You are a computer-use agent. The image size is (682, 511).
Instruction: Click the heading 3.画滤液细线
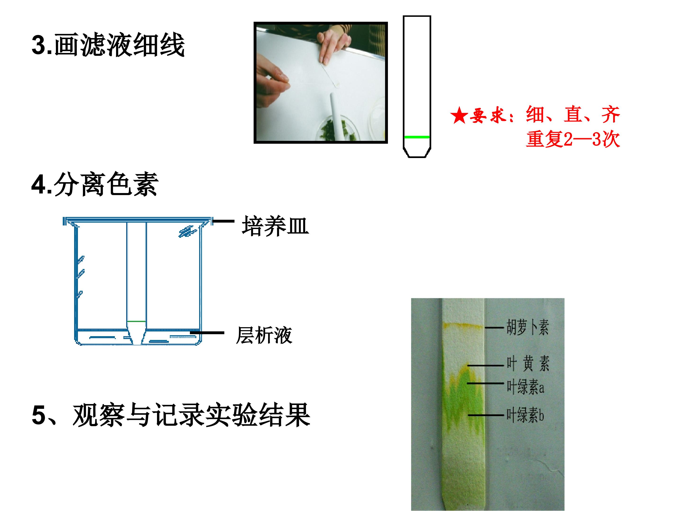click(108, 45)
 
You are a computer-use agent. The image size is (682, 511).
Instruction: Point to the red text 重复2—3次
click(573, 139)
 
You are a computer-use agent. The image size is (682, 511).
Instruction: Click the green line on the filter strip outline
click(417, 137)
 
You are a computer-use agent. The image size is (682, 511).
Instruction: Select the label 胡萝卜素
click(528, 327)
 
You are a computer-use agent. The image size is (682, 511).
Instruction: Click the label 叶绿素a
click(525, 387)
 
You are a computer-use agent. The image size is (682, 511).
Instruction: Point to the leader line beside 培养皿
click(224, 221)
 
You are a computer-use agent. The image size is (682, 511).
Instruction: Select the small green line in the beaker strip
click(136, 321)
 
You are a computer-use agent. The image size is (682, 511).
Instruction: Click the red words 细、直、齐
click(573, 115)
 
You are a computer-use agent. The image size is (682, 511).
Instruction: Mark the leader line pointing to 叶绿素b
click(486, 415)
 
